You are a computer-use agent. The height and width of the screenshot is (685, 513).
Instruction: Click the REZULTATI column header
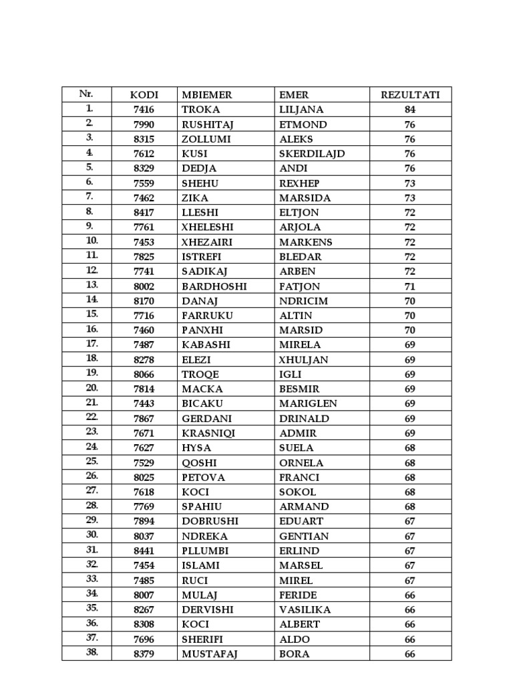click(410, 95)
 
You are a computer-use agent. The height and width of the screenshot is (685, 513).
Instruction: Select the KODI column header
click(144, 95)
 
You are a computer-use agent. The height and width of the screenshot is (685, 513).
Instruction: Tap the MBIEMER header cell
click(207, 95)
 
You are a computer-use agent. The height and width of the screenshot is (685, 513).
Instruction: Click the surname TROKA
click(200, 110)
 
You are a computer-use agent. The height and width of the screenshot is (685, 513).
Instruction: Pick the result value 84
click(410, 110)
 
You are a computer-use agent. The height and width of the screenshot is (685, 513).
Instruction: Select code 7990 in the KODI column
click(144, 124)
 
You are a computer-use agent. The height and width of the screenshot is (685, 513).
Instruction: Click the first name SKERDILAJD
click(312, 154)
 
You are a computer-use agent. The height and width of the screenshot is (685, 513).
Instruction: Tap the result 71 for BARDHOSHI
click(410, 286)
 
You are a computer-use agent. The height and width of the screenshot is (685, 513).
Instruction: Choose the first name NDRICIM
click(303, 301)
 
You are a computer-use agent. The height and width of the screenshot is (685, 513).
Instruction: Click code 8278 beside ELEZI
click(144, 360)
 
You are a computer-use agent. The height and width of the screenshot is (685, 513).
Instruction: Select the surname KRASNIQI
click(208, 433)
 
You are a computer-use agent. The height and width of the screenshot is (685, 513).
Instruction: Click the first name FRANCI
click(299, 478)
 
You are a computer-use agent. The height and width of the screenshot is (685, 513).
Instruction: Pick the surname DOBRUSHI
click(210, 522)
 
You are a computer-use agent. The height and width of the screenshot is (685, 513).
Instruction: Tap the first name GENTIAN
click(303, 536)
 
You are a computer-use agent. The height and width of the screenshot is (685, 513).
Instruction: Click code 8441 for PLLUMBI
click(144, 551)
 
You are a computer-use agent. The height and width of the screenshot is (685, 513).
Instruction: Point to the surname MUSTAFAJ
click(210, 654)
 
